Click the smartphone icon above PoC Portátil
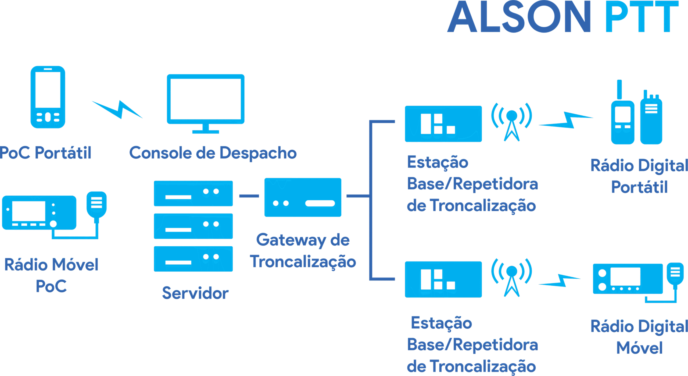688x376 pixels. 48,97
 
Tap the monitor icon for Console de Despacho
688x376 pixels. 206,100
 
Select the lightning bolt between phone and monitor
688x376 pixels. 118,109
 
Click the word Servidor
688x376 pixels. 195,293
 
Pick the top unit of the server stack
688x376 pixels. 193,193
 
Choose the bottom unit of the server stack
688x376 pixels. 193,259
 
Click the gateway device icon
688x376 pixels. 303,197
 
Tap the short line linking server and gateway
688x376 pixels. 249,196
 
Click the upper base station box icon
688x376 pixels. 443,124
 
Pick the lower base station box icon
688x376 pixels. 443,279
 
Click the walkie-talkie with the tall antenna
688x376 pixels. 622,118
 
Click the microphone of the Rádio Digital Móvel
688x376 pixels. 675,274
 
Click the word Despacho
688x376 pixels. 258,153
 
